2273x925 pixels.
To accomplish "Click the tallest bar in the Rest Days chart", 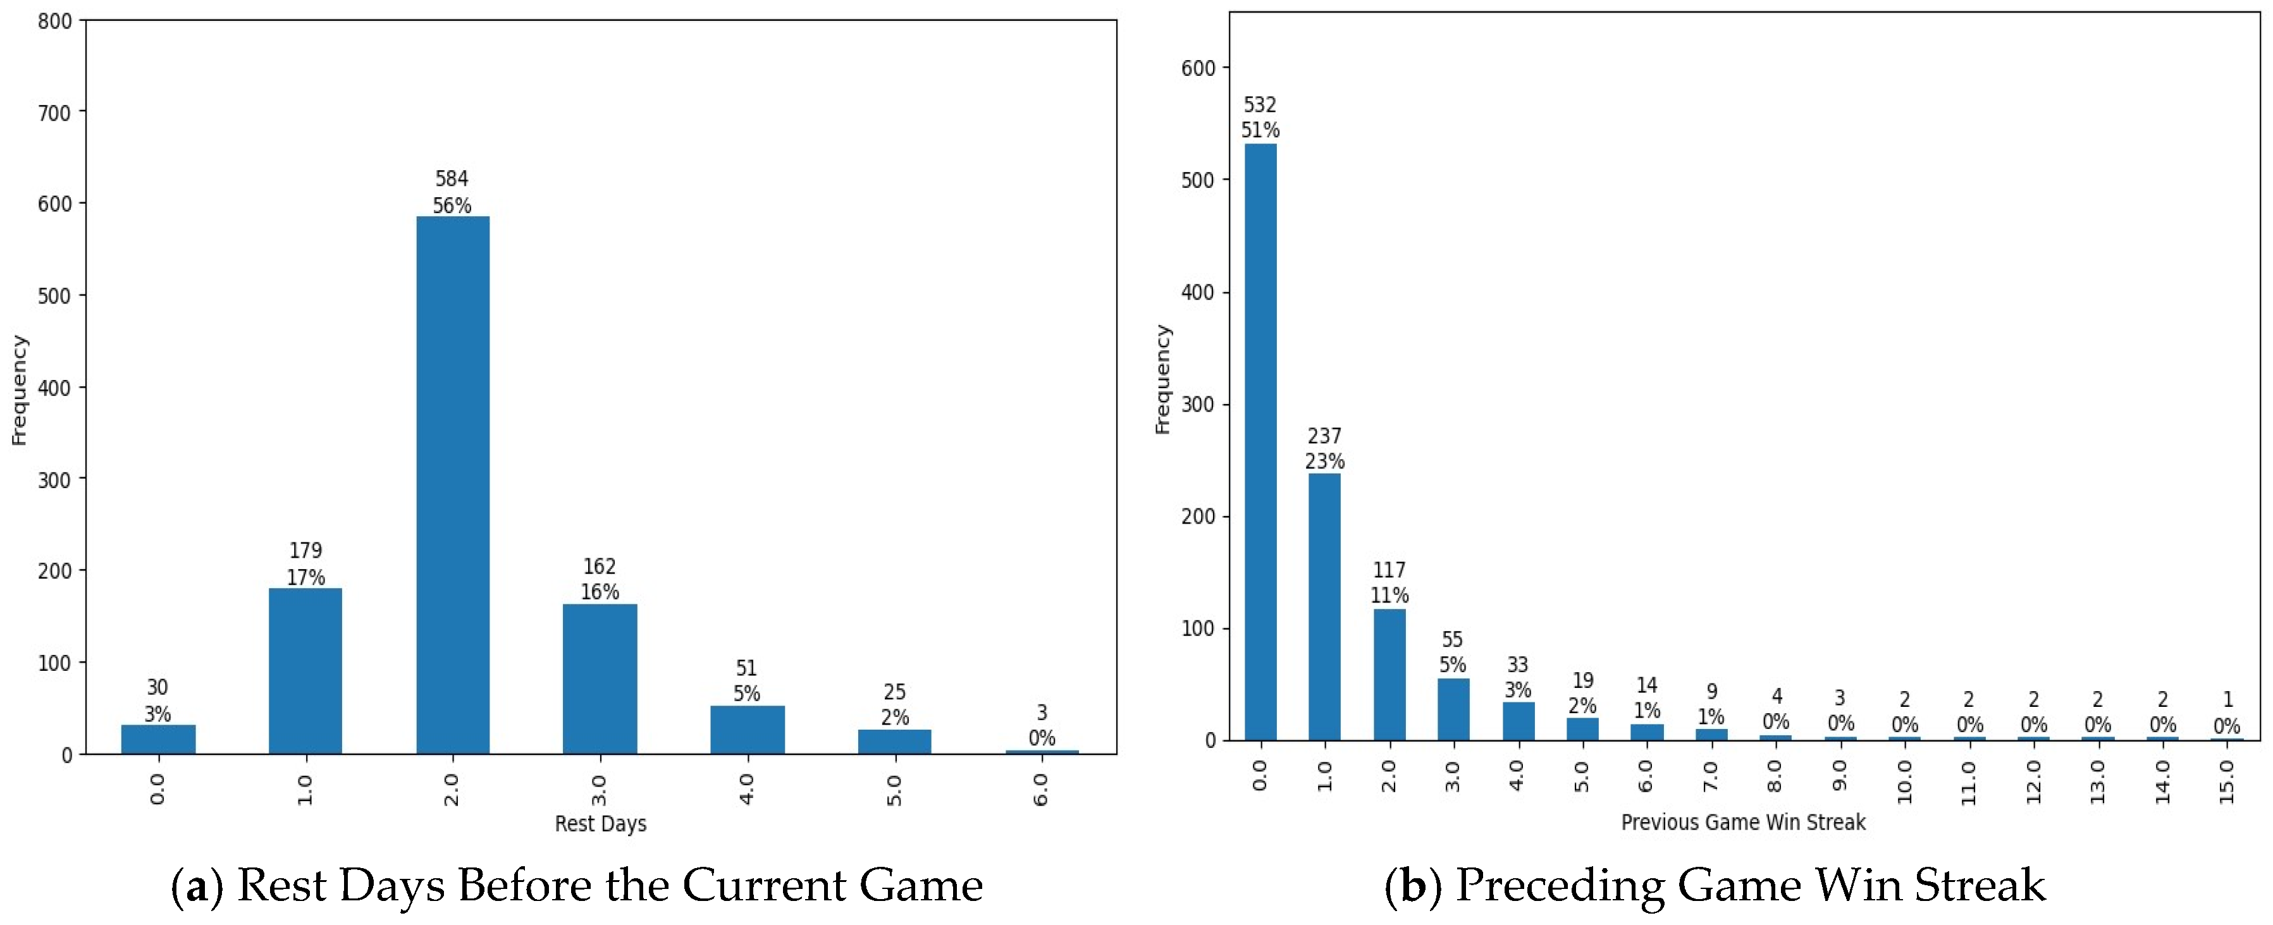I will click(453, 485).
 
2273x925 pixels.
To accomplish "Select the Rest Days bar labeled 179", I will click(305, 670).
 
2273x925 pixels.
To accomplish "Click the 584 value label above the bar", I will click(452, 179).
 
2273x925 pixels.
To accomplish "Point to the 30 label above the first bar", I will click(157, 687).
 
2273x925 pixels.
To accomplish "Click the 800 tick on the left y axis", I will click(55, 21).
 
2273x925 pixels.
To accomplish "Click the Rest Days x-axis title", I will click(600, 824).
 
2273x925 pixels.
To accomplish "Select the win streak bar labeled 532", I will click(1260, 441).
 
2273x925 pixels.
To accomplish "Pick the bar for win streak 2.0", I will click(1389, 675).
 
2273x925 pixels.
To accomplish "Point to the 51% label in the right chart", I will click(1260, 130).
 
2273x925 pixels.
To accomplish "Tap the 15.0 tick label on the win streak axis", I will click(2227, 781).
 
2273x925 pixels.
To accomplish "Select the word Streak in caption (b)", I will click(1976, 885).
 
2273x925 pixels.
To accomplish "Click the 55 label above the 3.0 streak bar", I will click(1452, 639).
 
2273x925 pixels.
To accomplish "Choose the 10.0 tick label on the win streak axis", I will click(1904, 781).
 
